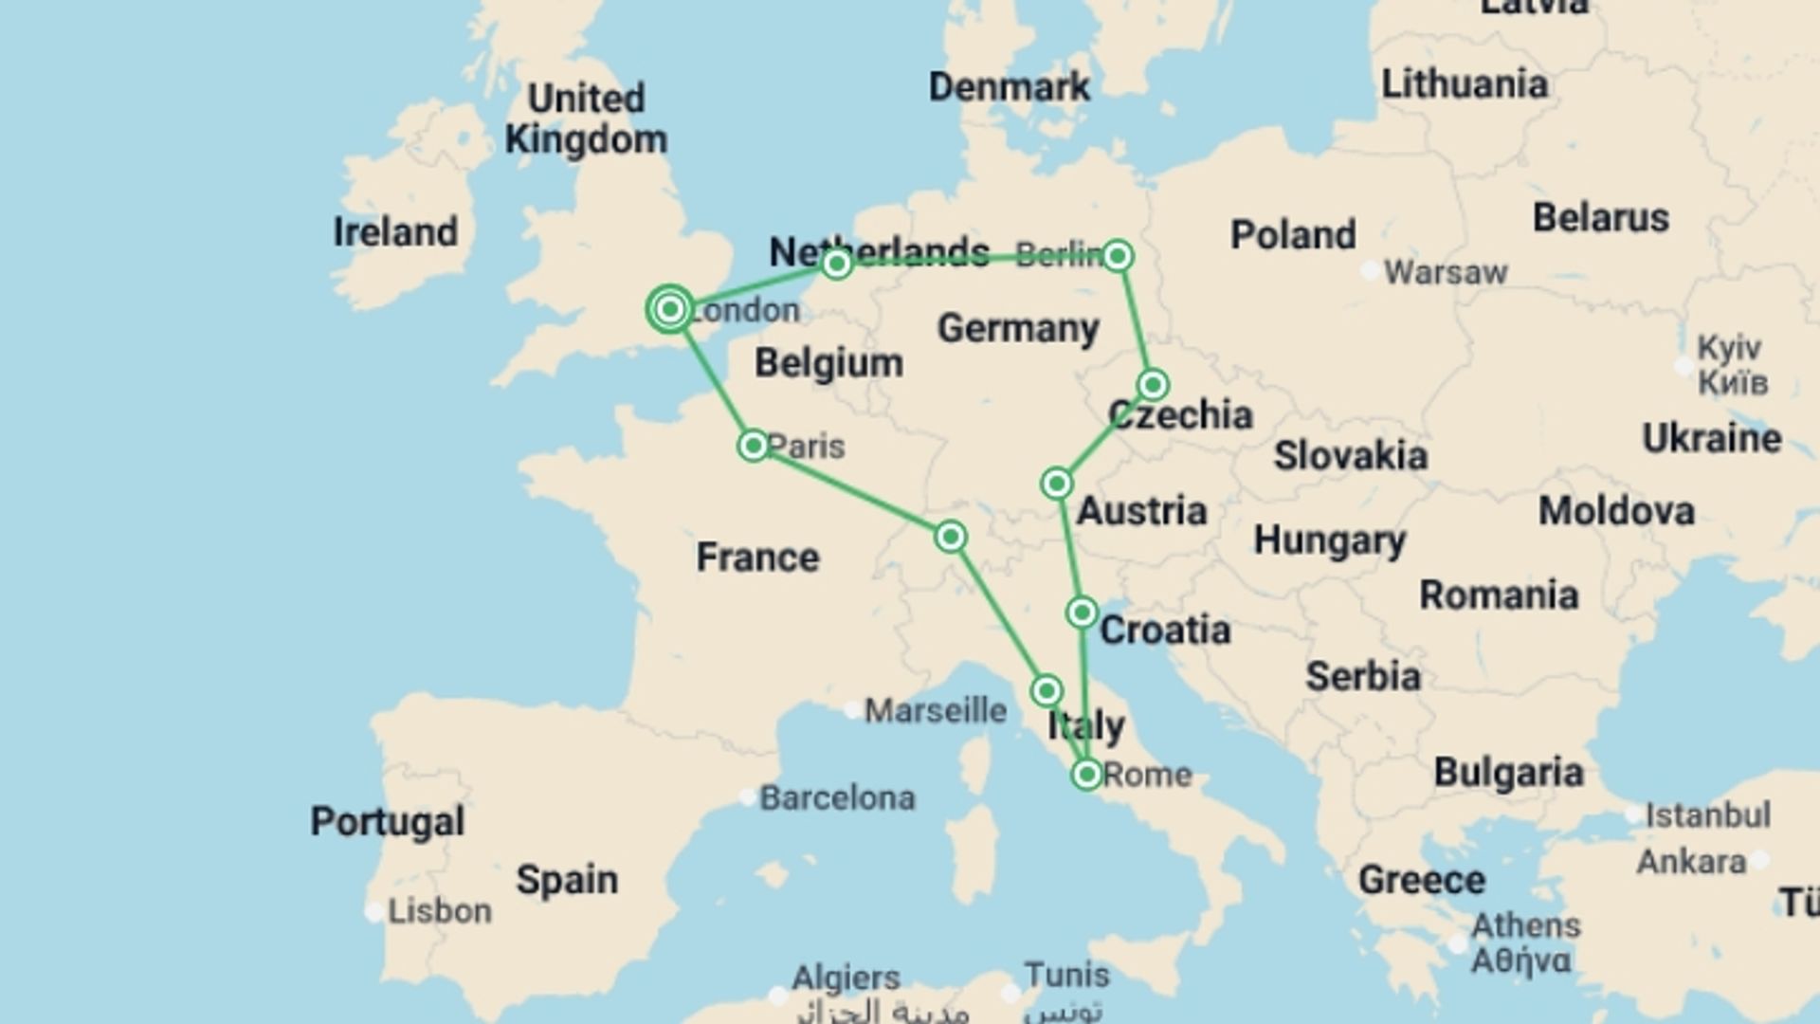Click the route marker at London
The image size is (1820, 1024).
coord(670,309)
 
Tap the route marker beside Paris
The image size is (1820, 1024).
coord(754,446)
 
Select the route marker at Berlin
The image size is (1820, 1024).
coord(1119,256)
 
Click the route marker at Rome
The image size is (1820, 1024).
coord(1087,775)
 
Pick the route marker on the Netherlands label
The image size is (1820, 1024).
coord(836,263)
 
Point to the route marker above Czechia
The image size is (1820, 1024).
coord(1153,385)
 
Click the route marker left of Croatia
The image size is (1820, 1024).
coord(1082,613)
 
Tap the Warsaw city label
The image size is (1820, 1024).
coord(1445,273)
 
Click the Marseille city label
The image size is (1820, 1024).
coord(935,710)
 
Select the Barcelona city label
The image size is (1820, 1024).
coord(837,798)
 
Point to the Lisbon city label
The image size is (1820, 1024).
coord(440,911)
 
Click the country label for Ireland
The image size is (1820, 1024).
coord(395,232)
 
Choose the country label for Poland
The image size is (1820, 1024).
coord(1293,235)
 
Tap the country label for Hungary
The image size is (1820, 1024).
coord(1330,540)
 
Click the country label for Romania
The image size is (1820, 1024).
coord(1499,595)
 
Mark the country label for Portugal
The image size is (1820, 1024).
coord(388,822)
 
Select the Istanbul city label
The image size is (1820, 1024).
coord(1707,815)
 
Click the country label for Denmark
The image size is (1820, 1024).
coord(1010,87)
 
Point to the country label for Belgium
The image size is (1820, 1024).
coord(828,363)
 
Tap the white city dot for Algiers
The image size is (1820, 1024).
coord(778,997)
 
